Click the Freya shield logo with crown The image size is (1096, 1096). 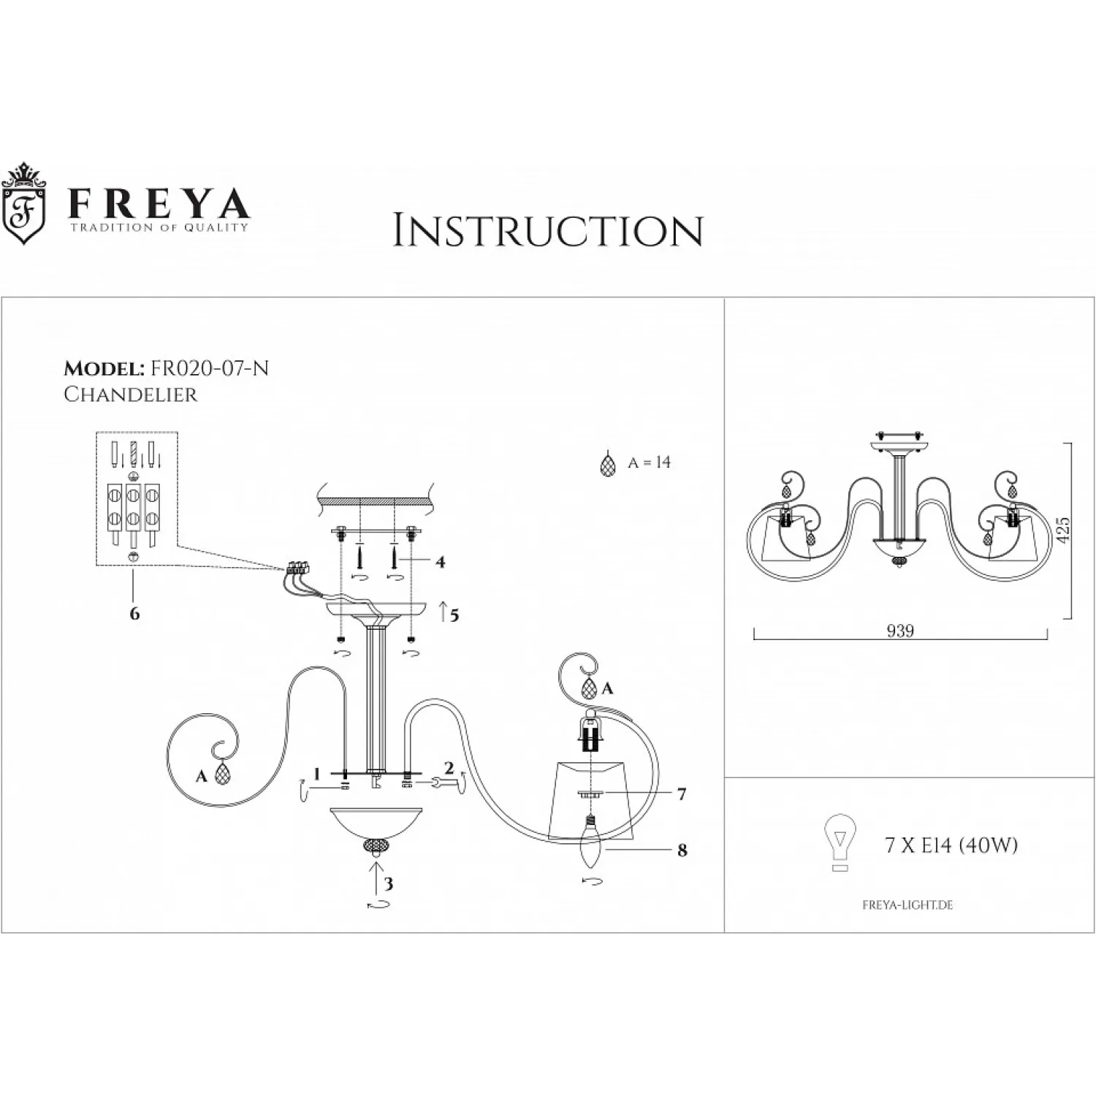click(25, 204)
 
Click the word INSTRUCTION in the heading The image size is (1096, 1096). click(547, 231)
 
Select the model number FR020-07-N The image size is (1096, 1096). click(209, 369)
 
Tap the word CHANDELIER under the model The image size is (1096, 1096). click(131, 395)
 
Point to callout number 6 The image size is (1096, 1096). click(134, 613)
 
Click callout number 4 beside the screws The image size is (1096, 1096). click(440, 562)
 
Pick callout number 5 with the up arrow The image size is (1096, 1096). click(454, 615)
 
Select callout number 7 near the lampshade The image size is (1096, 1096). click(681, 794)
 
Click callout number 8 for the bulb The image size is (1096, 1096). click(682, 850)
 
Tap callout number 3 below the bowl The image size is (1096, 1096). click(388, 884)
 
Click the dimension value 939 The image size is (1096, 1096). click(900, 631)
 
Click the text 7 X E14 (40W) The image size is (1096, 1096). click(951, 845)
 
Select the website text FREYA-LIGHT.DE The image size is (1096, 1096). click(907, 905)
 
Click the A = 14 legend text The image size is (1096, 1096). click(649, 463)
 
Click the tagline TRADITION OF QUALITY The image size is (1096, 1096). click(159, 227)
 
